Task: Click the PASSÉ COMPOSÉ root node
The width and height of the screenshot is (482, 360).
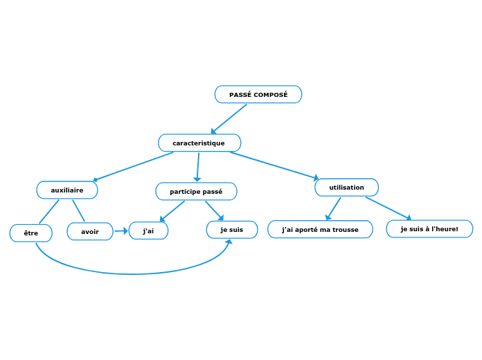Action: click(258, 94)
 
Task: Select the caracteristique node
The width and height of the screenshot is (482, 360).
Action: click(199, 143)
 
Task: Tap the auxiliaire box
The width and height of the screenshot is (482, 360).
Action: click(67, 190)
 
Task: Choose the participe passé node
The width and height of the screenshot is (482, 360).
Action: click(196, 191)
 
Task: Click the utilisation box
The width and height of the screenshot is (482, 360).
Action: click(346, 188)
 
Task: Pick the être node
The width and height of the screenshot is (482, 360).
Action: click(31, 233)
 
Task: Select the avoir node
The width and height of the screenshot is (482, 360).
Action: click(90, 231)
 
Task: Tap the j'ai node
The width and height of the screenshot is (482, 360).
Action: click(148, 231)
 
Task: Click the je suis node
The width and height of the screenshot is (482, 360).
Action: click(232, 229)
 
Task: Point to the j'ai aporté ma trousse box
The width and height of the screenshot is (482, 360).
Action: click(320, 229)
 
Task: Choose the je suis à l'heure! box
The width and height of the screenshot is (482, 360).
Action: click(429, 228)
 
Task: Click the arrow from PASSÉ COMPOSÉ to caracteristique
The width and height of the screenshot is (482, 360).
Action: click(229, 118)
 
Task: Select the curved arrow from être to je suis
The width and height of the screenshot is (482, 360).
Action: click(132, 273)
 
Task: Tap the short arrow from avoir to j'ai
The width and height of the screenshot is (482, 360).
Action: click(121, 231)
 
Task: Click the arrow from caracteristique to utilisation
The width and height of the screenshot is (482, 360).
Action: click(274, 165)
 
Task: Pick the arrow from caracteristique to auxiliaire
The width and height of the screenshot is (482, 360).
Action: click(133, 166)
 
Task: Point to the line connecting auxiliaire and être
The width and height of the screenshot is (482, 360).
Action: click(48, 212)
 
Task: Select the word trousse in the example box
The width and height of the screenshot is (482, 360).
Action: click(344, 229)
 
